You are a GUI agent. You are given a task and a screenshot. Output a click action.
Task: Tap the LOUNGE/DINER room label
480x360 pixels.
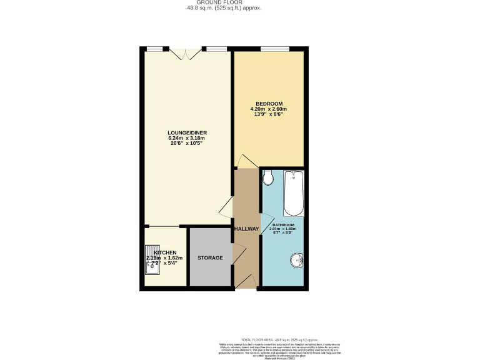point(187,132)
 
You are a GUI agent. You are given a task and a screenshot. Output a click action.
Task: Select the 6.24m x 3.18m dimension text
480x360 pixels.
point(187,138)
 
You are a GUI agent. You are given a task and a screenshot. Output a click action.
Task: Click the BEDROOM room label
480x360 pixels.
point(269,104)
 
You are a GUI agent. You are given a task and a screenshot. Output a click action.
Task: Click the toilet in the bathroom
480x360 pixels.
point(268,179)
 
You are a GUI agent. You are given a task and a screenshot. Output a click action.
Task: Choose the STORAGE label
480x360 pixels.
point(210,258)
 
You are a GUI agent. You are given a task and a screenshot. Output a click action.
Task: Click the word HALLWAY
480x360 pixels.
point(247,229)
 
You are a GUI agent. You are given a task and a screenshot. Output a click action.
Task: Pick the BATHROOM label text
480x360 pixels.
point(282,224)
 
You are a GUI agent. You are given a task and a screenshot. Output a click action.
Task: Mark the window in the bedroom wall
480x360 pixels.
point(275,49)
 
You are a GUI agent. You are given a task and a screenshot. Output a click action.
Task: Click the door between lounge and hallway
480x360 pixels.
point(227,207)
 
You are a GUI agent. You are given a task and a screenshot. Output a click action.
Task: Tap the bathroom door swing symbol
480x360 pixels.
point(266,221)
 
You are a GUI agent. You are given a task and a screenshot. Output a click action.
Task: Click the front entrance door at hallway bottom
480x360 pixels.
point(247,281)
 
